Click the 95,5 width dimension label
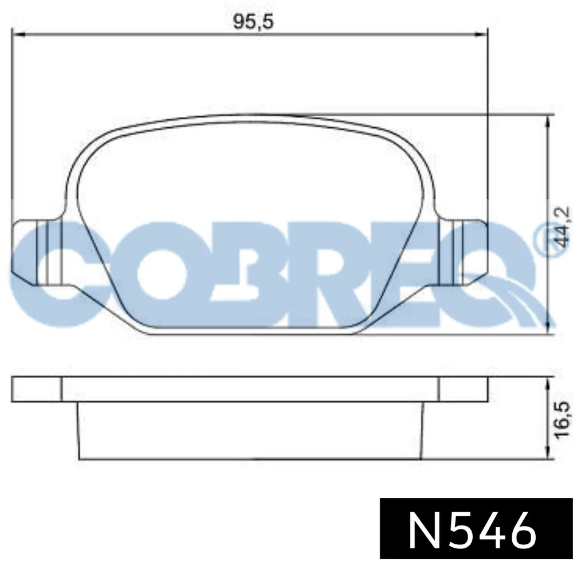click(253, 22)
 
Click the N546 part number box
click(476, 528)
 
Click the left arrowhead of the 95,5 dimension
click(18, 34)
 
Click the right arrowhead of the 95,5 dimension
click(481, 34)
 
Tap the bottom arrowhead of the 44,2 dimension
click(547, 328)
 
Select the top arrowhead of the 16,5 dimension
click(547, 383)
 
